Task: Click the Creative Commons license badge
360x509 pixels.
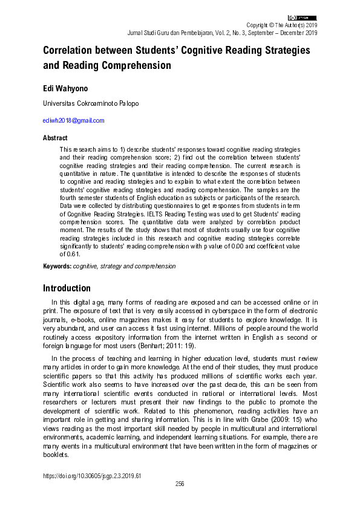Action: [303, 18]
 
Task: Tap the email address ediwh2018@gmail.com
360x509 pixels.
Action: [73, 121]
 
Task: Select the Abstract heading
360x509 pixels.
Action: [55, 137]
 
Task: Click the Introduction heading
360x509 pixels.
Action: [67, 288]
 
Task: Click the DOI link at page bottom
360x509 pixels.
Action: [92, 476]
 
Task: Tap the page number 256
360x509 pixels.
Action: [180, 484]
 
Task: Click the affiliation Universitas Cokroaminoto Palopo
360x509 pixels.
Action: [90, 103]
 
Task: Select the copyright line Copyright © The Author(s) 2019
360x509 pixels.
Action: [281, 25]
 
